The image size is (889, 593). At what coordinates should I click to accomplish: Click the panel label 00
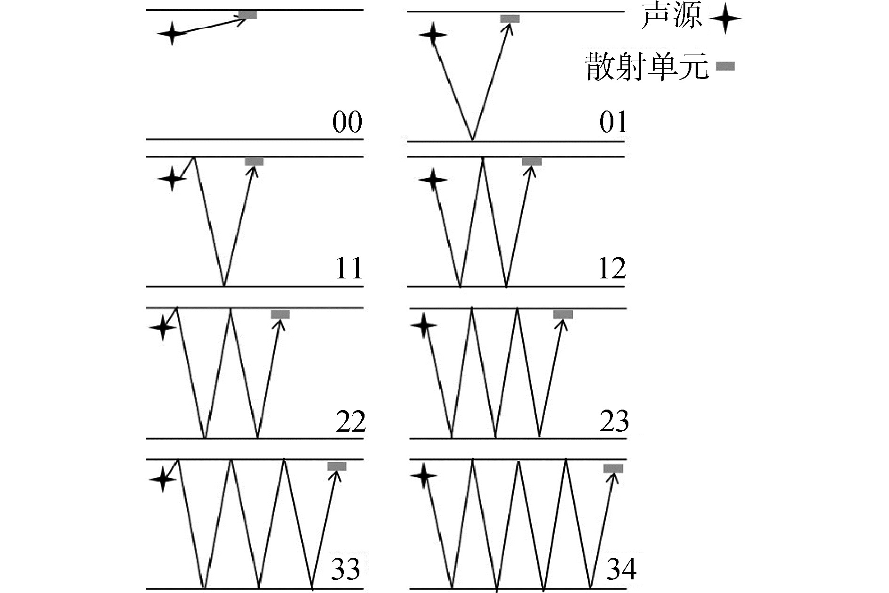point(347,122)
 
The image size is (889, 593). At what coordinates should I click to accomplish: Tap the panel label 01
point(613,122)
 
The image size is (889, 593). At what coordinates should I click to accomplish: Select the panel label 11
point(349,269)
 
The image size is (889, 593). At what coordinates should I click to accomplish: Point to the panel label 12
point(612,269)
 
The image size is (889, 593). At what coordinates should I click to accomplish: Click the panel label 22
point(350,421)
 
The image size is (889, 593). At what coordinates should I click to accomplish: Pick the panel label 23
point(614,421)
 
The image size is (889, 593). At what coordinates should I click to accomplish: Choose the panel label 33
point(346,569)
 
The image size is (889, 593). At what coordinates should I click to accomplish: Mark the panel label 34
point(621,569)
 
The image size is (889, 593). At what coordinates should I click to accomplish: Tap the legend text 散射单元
point(647,66)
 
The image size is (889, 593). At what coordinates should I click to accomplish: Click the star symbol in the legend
point(725,19)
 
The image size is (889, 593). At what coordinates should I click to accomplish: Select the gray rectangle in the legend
point(725,66)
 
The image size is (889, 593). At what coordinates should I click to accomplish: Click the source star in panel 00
point(172,33)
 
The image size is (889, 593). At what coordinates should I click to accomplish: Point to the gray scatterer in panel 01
point(510,19)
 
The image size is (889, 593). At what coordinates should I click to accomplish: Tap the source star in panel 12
point(433,179)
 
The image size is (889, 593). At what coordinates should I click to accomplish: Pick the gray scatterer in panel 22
point(280,315)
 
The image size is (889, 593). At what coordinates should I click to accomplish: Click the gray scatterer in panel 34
point(613,468)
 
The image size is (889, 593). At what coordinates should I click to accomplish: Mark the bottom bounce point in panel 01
point(473,140)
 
